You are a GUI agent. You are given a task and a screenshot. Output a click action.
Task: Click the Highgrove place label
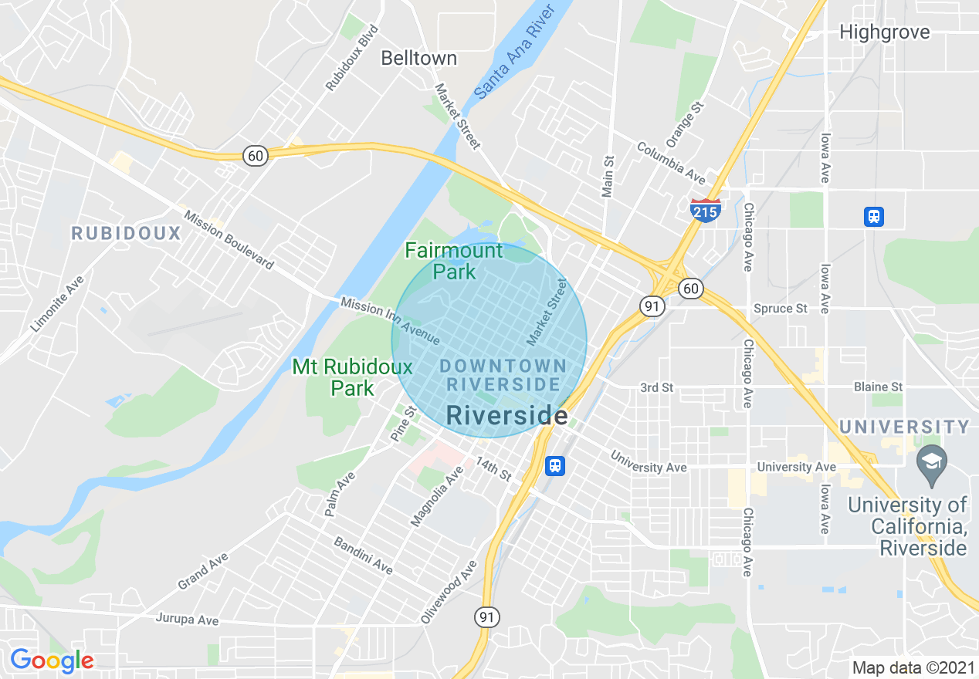pyautogui.click(x=884, y=32)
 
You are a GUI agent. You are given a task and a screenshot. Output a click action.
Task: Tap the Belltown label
pyautogui.click(x=419, y=58)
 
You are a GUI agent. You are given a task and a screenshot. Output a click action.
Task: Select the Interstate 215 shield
pyautogui.click(x=706, y=209)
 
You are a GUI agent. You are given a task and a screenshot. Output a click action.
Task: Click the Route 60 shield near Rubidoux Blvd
pyautogui.click(x=256, y=156)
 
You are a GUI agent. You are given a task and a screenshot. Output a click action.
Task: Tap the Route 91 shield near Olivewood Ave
pyautogui.click(x=487, y=617)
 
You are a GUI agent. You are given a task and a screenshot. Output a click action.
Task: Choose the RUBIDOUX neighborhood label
pyautogui.click(x=126, y=233)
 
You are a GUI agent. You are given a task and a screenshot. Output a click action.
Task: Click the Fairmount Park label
pyautogui.click(x=454, y=261)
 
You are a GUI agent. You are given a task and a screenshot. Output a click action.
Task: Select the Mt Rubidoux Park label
pyautogui.click(x=353, y=377)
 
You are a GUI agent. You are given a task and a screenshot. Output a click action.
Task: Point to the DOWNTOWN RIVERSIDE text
pyautogui.click(x=503, y=374)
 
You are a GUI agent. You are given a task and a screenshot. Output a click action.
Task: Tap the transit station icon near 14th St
pyautogui.click(x=555, y=466)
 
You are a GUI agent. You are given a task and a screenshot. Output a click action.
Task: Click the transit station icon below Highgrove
pyautogui.click(x=873, y=217)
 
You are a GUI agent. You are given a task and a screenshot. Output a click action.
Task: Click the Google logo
pyautogui.click(x=52, y=660)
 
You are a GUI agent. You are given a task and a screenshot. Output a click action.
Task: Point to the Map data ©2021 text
pyautogui.click(x=913, y=667)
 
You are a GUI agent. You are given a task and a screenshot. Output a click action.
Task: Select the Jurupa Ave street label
pyautogui.click(x=187, y=619)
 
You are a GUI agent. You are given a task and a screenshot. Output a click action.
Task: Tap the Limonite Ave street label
pyautogui.click(x=56, y=305)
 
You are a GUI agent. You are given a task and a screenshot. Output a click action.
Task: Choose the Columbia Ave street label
pyautogui.click(x=670, y=163)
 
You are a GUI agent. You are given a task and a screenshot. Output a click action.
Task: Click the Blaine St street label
pyautogui.click(x=878, y=387)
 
